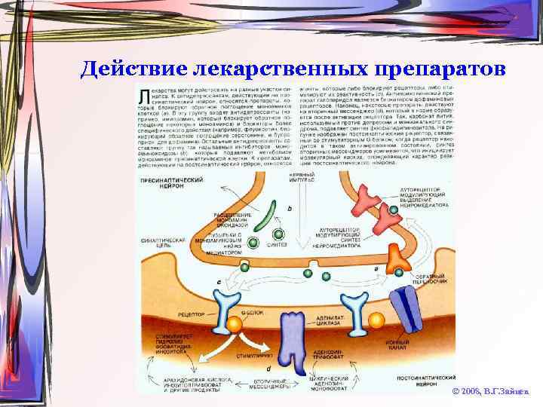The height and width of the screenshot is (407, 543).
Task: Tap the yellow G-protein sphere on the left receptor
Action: click(x=235, y=325)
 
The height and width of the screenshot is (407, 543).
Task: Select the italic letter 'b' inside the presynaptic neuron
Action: click(x=290, y=207)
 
